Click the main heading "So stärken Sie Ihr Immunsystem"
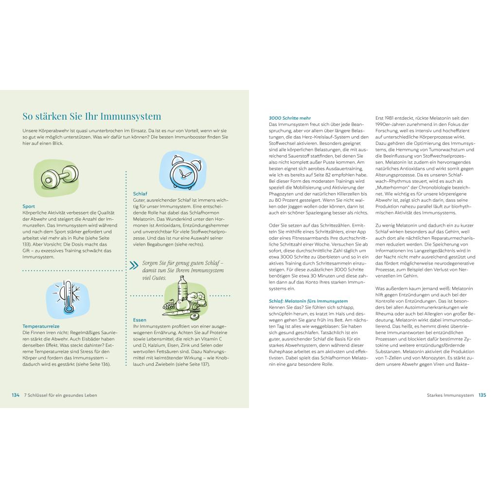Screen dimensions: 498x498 [92, 117]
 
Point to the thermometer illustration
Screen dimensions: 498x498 [67, 298]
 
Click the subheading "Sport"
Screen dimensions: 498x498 [29, 206]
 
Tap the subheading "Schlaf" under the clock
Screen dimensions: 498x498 [140, 194]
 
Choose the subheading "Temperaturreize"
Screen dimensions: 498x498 [41, 326]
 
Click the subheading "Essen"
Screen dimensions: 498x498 [140, 320]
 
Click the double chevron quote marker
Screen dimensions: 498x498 [134, 266]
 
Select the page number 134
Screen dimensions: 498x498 [16, 395]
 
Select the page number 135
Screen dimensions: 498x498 [482, 395]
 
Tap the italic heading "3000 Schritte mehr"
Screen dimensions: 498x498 [290, 118]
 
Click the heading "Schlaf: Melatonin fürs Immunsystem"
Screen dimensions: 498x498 [308, 302]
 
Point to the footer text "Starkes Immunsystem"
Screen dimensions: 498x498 [448, 395]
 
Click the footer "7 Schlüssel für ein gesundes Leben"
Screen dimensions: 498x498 [61, 395]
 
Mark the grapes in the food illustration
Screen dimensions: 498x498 [168, 305]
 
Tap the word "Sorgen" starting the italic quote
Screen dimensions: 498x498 [150, 263]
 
